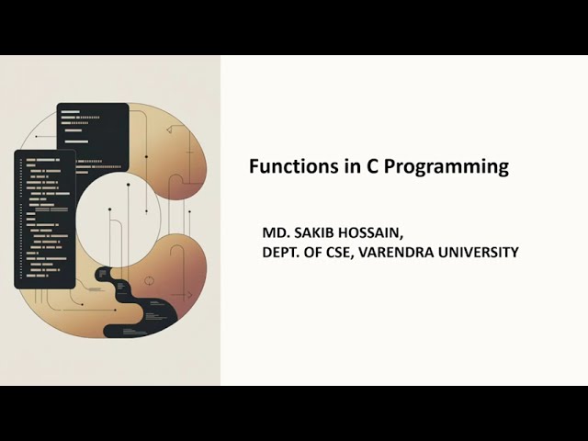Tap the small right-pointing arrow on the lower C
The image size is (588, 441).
[187, 295]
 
